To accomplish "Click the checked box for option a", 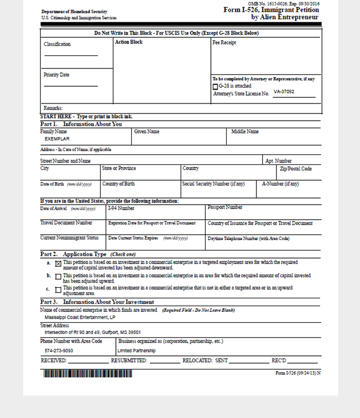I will pyautogui.click(x=58, y=263).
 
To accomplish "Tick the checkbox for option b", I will pyautogui.click(x=58, y=277).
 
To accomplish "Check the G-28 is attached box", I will pyautogui.click(x=216, y=86).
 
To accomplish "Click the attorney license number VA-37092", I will pyautogui.click(x=284, y=92).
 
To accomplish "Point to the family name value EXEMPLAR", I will pyautogui.click(x=57, y=139).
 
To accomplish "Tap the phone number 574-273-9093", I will pyautogui.click(x=59, y=350).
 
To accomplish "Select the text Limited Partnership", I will pyautogui.click(x=136, y=350).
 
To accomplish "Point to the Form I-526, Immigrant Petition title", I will pyautogui.click(x=272, y=10).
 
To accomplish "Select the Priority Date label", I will pyautogui.click(x=56, y=75).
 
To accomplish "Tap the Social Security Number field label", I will pyautogui.click(x=213, y=184).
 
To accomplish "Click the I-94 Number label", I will pyautogui.click(x=121, y=208).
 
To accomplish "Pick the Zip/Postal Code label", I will pyautogui.click(x=296, y=169).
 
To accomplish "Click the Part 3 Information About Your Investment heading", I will pyautogui.click(x=97, y=302).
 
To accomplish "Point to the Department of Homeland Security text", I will pyautogui.click(x=74, y=12).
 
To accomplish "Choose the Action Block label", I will pyautogui.click(x=128, y=42).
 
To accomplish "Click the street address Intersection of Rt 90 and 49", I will pyautogui.click(x=92, y=332).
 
